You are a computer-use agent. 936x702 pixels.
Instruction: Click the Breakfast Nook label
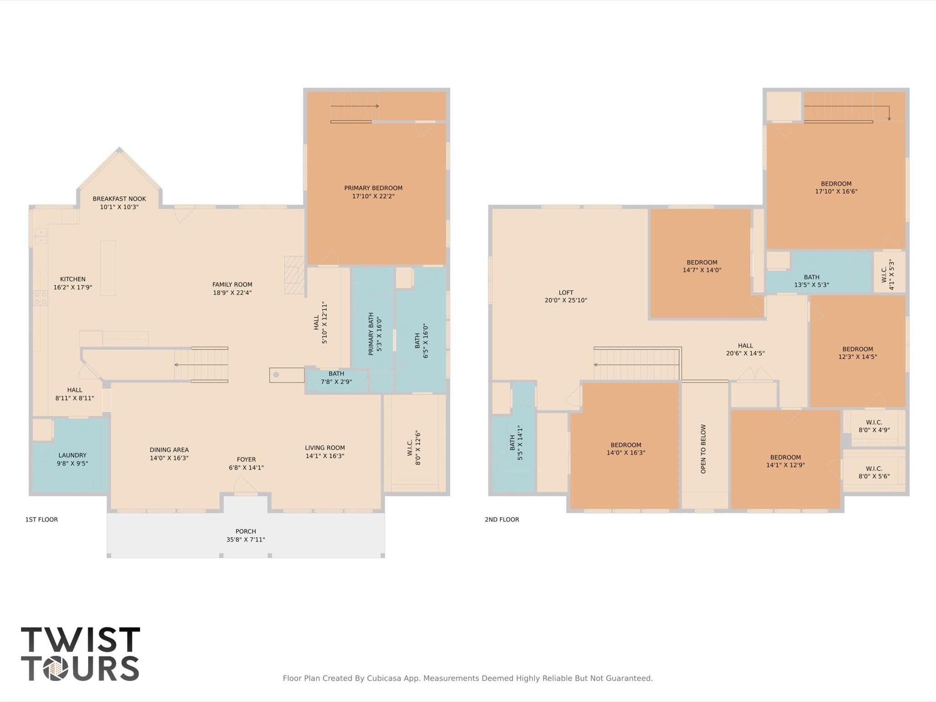coord(119,199)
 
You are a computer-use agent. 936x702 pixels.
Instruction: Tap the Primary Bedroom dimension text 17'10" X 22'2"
coord(373,196)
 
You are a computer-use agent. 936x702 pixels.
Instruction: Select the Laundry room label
coord(72,455)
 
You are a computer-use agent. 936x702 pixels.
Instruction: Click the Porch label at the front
coord(246,531)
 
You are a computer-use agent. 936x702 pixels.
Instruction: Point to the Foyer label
coord(246,460)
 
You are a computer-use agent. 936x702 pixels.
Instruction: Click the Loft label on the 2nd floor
coord(566,293)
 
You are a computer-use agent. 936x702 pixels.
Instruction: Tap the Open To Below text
coord(703,449)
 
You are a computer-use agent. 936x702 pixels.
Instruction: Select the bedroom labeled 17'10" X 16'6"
coord(836,188)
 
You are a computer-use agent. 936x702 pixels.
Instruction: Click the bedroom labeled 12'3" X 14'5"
coord(857,353)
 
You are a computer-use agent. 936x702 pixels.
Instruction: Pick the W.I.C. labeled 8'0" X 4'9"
coord(874,426)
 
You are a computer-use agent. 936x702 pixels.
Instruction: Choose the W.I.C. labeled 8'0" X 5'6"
coord(874,472)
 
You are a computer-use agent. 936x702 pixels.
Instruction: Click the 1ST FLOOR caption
coord(42,520)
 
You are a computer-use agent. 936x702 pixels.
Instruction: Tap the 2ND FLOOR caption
coord(502,520)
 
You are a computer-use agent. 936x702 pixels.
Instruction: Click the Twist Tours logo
coord(80,654)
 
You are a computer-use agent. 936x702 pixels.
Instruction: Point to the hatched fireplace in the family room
coord(294,275)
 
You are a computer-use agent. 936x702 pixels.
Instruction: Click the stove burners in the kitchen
coord(40,298)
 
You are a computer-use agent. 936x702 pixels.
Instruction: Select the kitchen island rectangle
coord(108,268)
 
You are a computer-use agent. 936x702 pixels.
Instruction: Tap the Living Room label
coord(325,448)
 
